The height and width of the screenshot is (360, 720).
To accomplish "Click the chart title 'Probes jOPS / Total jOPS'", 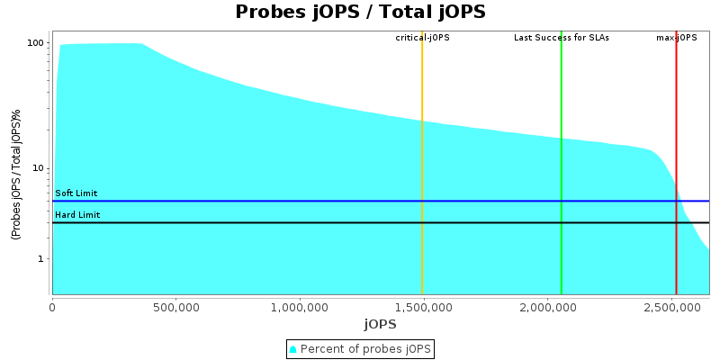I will click(x=360, y=12).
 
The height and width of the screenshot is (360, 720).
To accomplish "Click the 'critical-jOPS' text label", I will click(x=422, y=38).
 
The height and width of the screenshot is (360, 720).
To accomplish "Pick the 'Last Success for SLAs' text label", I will click(x=561, y=38).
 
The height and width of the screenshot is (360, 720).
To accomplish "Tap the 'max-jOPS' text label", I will click(x=676, y=38).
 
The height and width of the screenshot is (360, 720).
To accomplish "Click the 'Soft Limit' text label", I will click(x=76, y=193).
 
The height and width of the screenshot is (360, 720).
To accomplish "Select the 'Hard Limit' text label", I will click(x=76, y=215).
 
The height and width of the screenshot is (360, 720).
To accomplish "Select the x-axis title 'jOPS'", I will click(x=380, y=324).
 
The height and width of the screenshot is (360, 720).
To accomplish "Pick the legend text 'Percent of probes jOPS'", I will click(x=364, y=348).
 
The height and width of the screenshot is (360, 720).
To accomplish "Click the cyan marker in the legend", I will click(x=293, y=348).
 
